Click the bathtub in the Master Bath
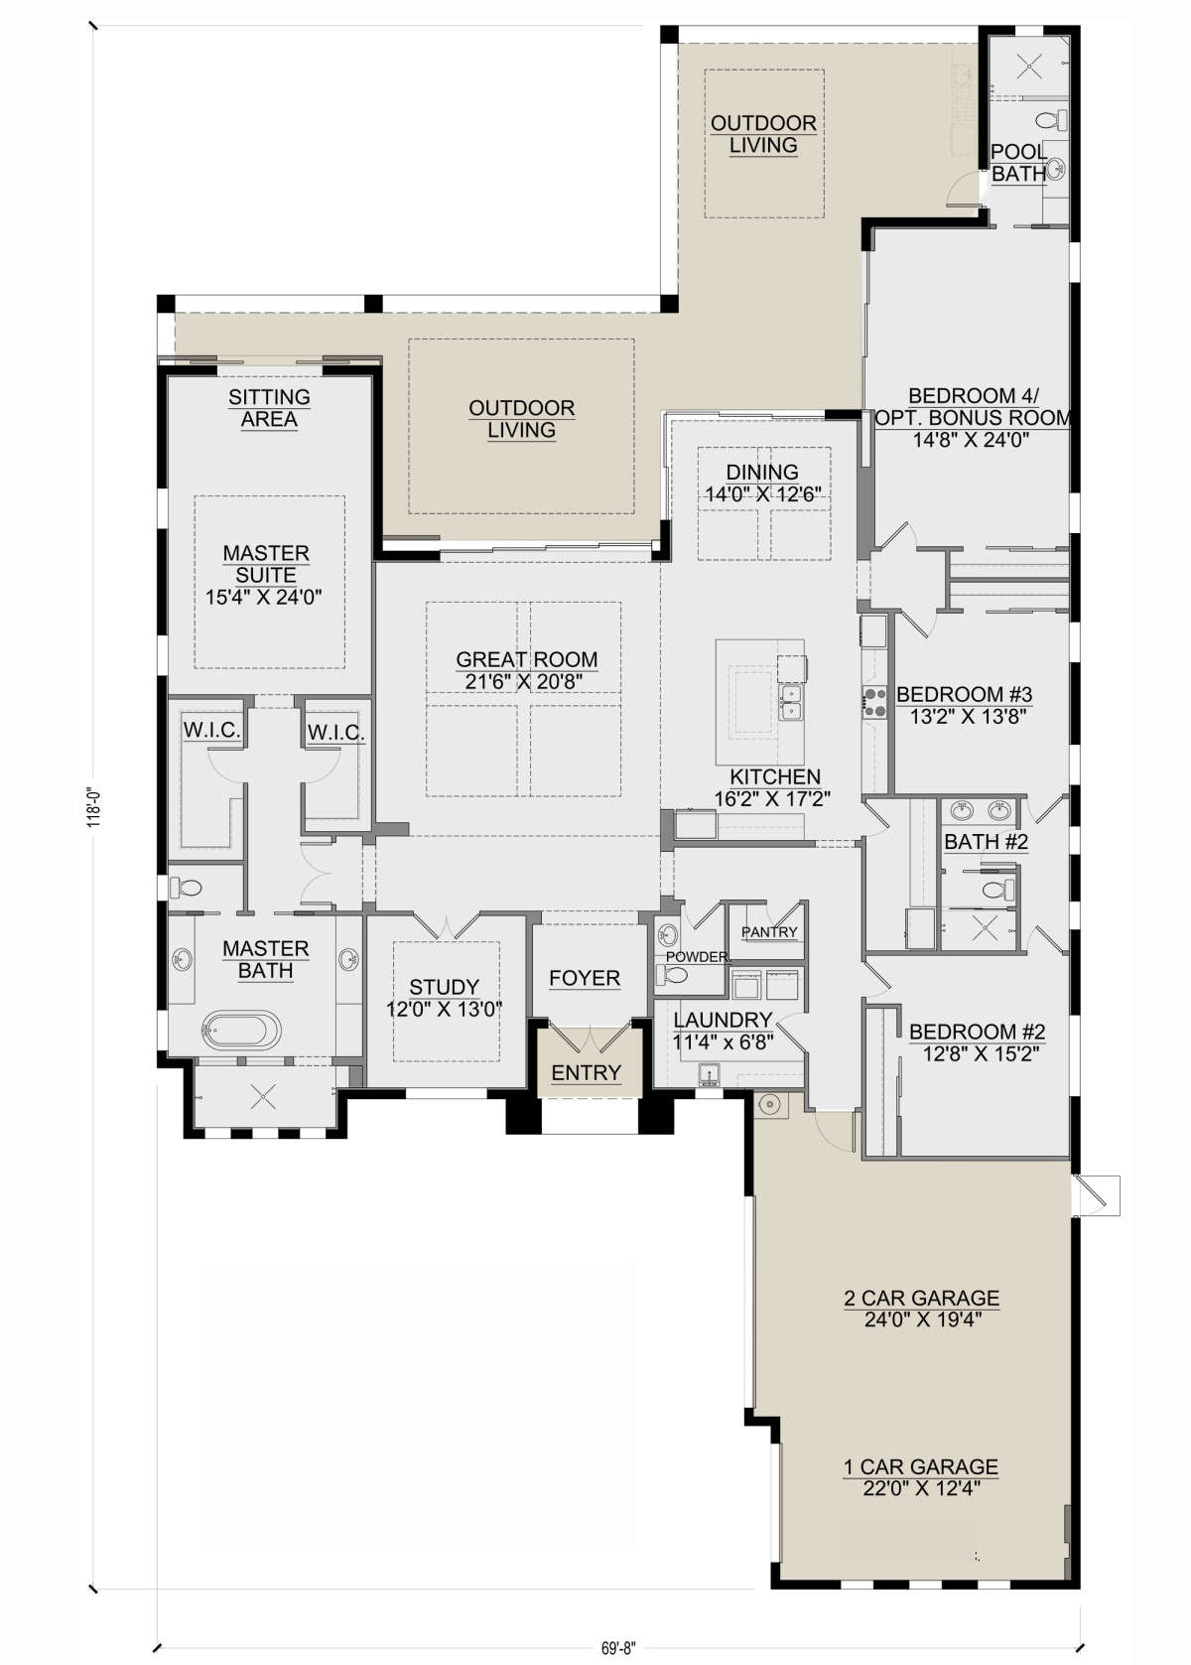pos(241,1031)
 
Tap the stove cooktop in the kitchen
pos(874,702)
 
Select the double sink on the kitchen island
pos(791,702)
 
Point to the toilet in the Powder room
pos(676,974)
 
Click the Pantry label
pos(769,932)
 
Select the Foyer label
pos(585,978)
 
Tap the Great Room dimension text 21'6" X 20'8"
pos(524,682)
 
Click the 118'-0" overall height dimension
pos(93,807)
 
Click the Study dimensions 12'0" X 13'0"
pos(445,1010)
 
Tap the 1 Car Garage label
pos(921,1466)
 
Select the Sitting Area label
pos(269,408)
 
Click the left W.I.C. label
pos(211,730)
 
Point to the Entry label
pos(587,1072)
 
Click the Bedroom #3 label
pos(965,694)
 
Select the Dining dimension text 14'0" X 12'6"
pos(763,494)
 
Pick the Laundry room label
pos(723,1019)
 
